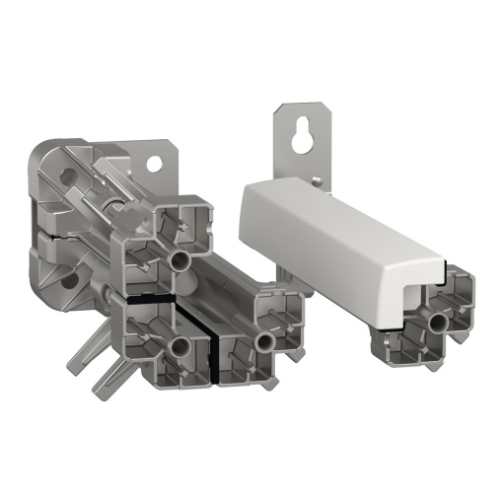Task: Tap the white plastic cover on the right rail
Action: (x=325, y=232)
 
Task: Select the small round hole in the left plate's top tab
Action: (x=155, y=161)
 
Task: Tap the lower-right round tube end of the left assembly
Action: (x=264, y=340)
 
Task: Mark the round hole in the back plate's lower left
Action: (x=68, y=282)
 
